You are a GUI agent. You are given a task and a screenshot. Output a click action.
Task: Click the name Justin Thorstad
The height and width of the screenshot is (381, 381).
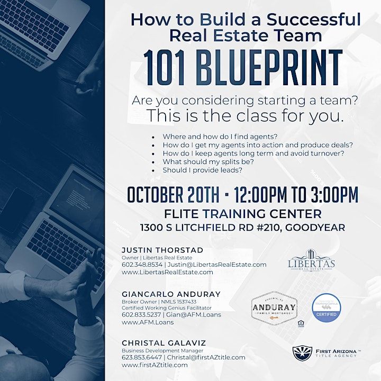coord(155,250)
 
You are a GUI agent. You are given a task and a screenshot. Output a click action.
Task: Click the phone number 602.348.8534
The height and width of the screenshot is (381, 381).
coord(140,265)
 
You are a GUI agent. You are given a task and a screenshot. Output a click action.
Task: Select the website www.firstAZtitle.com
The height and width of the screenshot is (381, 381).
coord(154,365)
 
